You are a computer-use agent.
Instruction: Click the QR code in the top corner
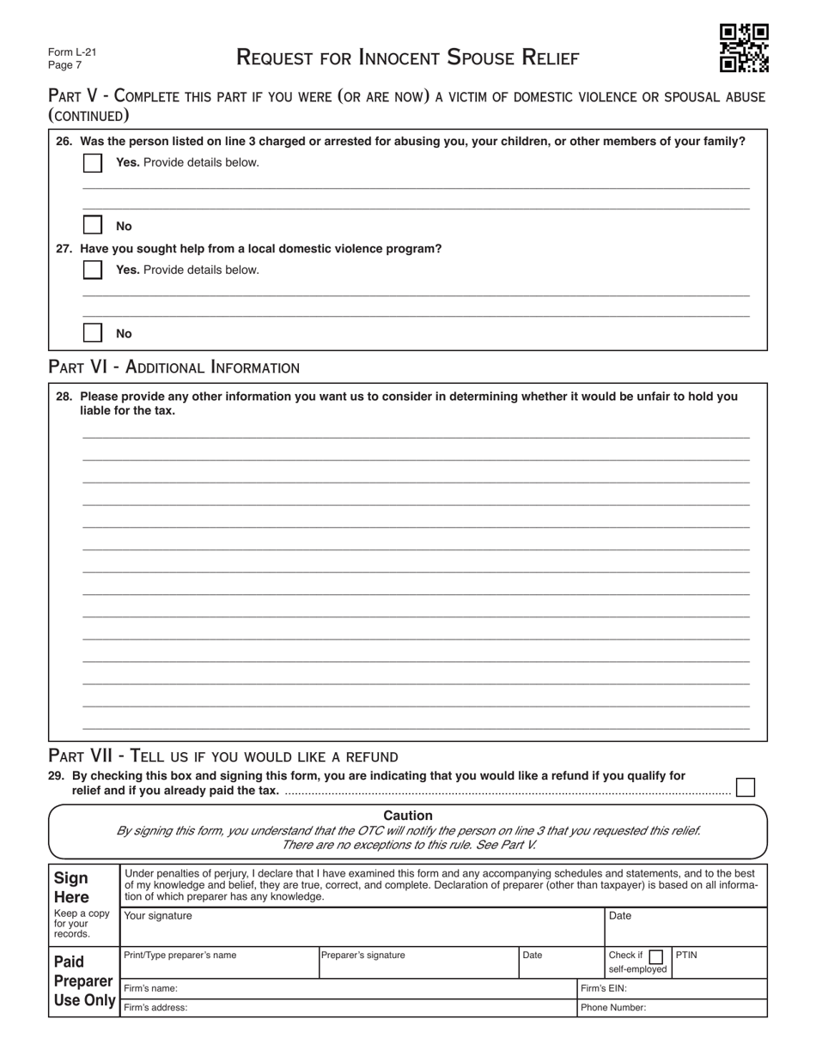743,48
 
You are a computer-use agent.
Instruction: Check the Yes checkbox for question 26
93,162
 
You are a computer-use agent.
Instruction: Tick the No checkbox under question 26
93,226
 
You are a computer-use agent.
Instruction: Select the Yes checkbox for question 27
93,270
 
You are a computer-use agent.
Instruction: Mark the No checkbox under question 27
93,333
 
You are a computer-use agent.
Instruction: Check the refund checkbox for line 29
746,787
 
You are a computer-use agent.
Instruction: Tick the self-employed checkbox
656,956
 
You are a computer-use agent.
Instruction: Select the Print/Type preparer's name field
219,967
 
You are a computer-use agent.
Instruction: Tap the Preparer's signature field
418,967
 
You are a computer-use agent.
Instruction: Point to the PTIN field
719,967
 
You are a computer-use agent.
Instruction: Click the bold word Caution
408,816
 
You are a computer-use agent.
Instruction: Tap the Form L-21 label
72,52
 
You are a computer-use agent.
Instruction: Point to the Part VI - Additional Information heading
174,367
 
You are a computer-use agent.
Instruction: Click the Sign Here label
71,887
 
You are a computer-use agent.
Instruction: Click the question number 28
64,397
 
